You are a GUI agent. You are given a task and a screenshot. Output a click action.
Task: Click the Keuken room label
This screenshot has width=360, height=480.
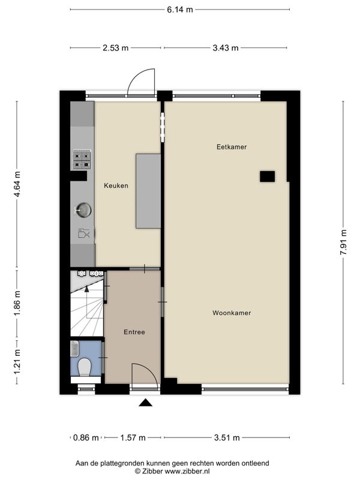[116, 185]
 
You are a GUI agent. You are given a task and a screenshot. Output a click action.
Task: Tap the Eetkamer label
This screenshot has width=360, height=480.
[232, 147]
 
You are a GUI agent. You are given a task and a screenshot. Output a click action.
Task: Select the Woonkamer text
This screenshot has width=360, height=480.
[232, 313]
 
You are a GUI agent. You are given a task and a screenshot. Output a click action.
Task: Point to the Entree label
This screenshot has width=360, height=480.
[134, 332]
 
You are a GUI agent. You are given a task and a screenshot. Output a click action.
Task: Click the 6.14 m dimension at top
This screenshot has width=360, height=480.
[180, 10]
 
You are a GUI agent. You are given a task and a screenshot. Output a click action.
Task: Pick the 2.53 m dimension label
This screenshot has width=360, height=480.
[115, 48]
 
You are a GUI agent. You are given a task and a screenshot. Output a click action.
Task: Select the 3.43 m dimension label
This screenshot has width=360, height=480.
[226, 48]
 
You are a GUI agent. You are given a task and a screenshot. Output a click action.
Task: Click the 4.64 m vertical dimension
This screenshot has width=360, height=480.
[17, 184]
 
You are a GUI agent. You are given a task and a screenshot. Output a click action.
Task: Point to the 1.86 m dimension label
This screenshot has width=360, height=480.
[17, 303]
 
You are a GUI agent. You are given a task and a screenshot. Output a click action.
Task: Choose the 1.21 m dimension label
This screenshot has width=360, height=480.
[17, 362]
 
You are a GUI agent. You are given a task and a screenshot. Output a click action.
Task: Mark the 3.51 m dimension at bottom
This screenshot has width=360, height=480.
[227, 438]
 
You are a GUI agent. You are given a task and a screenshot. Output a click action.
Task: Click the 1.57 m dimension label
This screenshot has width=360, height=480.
[133, 438]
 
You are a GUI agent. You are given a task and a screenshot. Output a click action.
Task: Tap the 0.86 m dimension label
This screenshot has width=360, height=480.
[86, 438]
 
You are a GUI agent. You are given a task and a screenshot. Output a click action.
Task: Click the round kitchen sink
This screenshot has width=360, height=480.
[83, 211]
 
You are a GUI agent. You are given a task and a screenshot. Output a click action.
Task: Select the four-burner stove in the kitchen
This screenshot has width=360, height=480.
[82, 160]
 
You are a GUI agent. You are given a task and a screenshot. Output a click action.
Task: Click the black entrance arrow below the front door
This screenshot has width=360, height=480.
[145, 403]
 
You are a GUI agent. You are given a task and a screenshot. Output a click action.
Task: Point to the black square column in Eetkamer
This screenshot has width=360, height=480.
[267, 176]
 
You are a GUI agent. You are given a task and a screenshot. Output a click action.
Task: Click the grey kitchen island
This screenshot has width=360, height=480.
[148, 191]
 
